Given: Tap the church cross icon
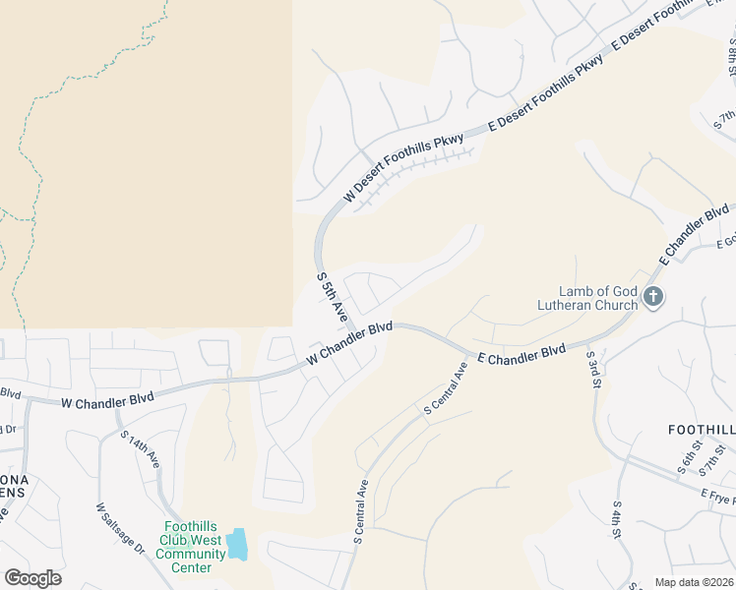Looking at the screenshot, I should point(651,297).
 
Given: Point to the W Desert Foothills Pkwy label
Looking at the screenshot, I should point(403,171).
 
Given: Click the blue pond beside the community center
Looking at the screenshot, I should point(237,545).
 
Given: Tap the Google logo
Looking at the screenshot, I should point(32,578).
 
